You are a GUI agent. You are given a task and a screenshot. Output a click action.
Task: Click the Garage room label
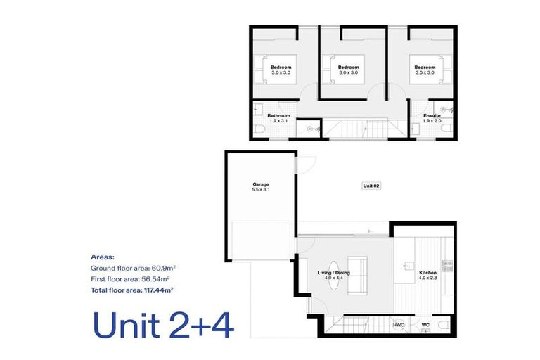pyautogui.click(x=261, y=187)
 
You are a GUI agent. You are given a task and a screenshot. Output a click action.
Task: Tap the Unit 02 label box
pyautogui.click(x=371, y=186)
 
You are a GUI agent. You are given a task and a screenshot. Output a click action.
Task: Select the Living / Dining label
pyautogui.click(x=333, y=274)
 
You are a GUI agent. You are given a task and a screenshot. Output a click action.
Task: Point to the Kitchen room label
pyautogui.click(x=427, y=275)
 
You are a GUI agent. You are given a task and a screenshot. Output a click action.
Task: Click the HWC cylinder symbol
pyautogui.click(x=399, y=325)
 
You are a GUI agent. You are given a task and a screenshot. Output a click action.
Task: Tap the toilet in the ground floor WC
pyautogui.click(x=444, y=325)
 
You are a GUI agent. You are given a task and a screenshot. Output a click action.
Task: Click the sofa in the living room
pyautogui.click(x=357, y=275)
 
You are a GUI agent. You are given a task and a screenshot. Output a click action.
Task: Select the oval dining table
pyautogui.click(x=334, y=275)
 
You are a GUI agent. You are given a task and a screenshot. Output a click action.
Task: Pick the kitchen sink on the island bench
pyautogui.click(x=409, y=266)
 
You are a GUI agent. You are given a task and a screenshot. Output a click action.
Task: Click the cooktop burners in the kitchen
pyautogui.click(x=447, y=266)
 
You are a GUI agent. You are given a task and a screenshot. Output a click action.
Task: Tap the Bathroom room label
pyautogui.click(x=278, y=118)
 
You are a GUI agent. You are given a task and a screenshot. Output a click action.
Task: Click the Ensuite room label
pyautogui.click(x=432, y=118)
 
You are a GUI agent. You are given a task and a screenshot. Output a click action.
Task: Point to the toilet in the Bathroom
pyautogui.click(x=260, y=129)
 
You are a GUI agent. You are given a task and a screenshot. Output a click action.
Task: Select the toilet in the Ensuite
pyautogui.click(x=447, y=129)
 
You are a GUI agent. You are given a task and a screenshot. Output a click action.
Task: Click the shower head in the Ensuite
pyautogui.click(x=448, y=110)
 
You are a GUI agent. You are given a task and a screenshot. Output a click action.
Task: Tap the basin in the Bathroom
pyautogui.click(x=258, y=110)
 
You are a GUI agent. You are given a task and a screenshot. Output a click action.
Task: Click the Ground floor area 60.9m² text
pyautogui.click(x=134, y=268)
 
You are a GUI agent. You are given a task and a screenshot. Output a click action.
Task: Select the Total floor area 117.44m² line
pyautogui.click(x=132, y=290)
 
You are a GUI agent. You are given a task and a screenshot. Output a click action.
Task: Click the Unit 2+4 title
pyautogui.click(x=163, y=326)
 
